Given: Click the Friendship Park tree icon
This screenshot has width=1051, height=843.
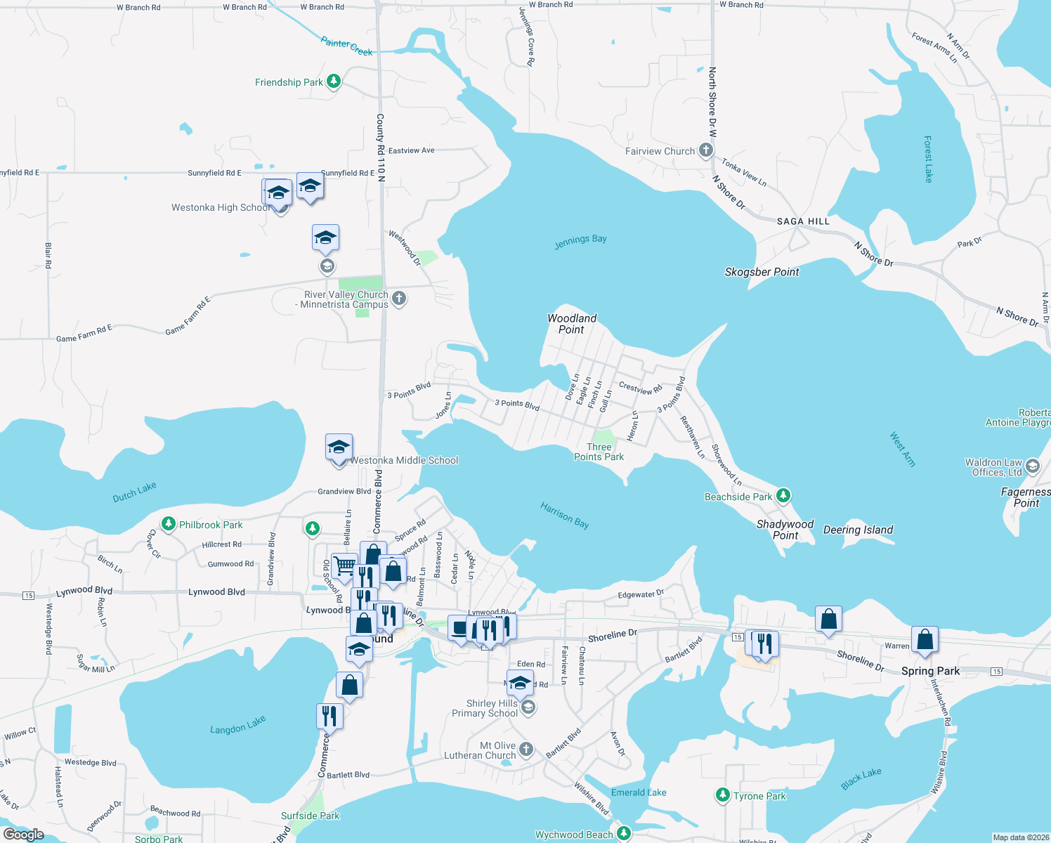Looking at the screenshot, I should tap(334, 81).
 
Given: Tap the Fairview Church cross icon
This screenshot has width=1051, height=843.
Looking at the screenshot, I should tap(706, 150).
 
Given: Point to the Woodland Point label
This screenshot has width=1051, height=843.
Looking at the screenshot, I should tap(572, 324).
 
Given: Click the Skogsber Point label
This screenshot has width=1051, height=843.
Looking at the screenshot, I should tap(762, 272).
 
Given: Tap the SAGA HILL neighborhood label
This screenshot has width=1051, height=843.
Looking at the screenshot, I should tap(803, 221).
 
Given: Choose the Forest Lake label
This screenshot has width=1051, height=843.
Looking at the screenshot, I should tap(928, 159).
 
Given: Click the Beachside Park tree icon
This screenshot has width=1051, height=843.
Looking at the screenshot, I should tap(783, 496).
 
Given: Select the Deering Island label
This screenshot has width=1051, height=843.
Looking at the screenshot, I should tap(858, 530).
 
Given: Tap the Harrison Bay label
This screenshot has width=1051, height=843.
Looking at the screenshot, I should tap(565, 515).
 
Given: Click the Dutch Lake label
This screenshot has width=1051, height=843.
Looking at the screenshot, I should tap(134, 492).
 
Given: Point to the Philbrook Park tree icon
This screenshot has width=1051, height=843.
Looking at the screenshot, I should tap(169, 524).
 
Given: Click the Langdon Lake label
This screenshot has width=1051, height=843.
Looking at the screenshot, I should tap(237, 725).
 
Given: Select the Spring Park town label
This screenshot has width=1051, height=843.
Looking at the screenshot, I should tap(930, 671).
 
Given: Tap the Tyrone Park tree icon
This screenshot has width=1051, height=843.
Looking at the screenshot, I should tap(722, 795).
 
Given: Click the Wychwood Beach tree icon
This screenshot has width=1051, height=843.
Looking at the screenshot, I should tap(624, 833).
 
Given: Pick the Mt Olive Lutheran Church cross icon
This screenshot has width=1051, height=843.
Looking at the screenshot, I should tap(526, 750).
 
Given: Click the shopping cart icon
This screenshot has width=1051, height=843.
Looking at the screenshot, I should tap(344, 566).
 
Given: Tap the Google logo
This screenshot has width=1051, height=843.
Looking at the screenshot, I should tap(24, 835).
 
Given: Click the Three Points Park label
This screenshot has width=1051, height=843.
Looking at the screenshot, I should tap(599, 452).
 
